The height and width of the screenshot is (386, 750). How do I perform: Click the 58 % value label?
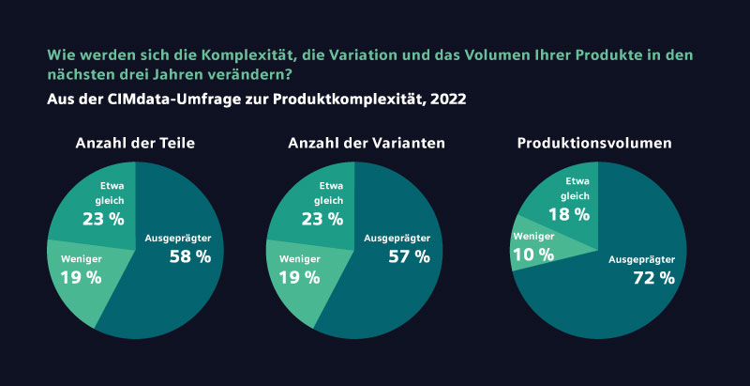189,256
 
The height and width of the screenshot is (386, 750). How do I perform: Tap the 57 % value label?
409,256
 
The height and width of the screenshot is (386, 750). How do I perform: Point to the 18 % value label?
569,214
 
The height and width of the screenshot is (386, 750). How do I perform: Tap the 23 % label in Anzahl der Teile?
104,219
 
